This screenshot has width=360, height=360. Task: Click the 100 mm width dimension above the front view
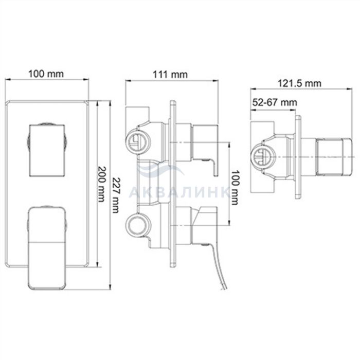click(x=46, y=74)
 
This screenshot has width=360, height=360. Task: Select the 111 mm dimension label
click(x=170, y=75)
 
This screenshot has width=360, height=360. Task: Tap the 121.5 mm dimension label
click(x=299, y=83)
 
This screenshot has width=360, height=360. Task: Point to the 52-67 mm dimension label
click(x=275, y=102)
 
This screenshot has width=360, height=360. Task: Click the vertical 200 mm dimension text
click(x=101, y=184)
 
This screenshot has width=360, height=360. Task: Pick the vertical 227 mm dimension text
click(x=116, y=195)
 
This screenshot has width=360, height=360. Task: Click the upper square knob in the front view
click(x=47, y=150)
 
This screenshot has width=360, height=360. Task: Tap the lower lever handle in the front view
click(x=47, y=248)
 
